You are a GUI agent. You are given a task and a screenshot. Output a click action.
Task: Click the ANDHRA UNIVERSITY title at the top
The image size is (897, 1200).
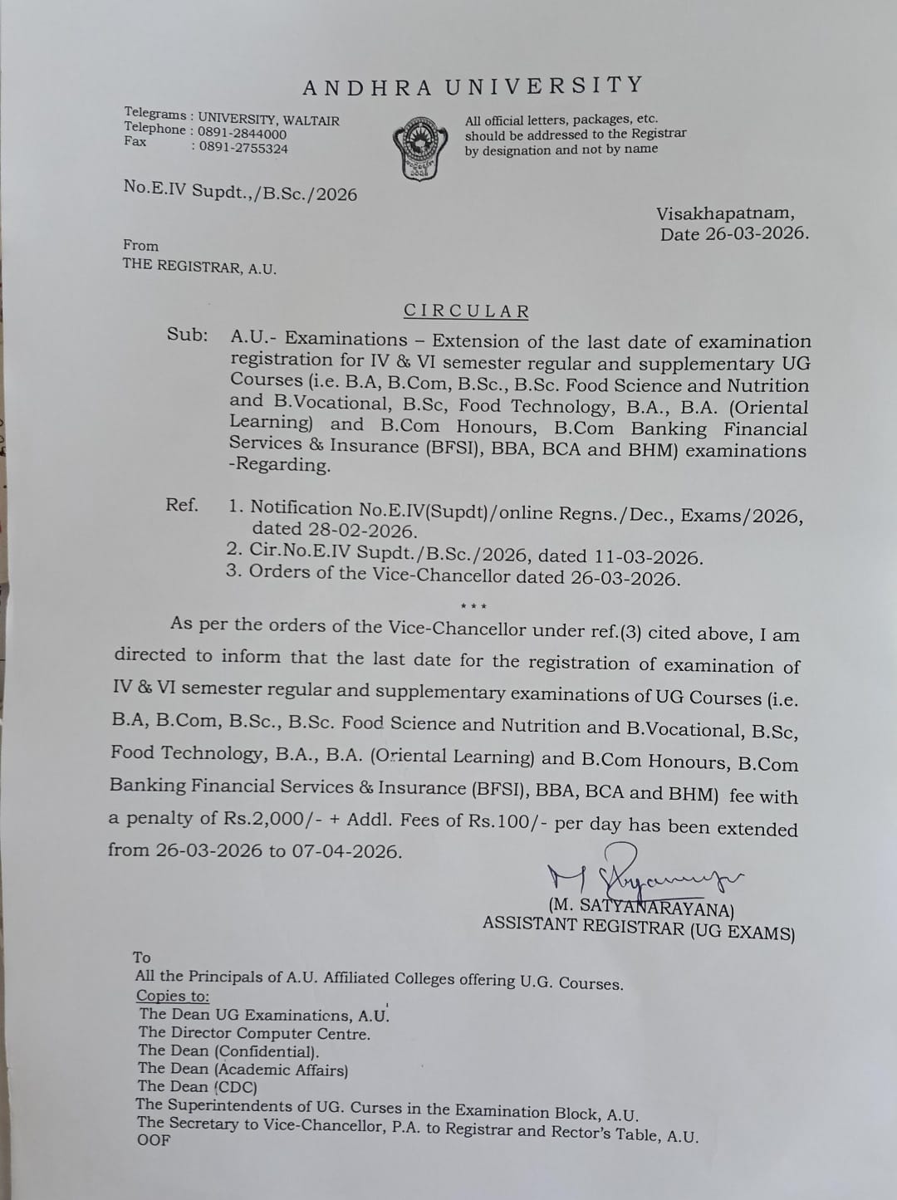coord(473,86)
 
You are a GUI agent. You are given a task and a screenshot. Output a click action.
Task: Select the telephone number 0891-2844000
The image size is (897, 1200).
coord(243,134)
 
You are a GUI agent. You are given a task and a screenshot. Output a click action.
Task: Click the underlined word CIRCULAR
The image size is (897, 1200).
coord(467,311)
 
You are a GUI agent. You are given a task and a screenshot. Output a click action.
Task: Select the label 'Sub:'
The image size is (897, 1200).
coord(187,335)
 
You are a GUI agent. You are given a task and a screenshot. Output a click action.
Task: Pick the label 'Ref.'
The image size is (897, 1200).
coord(182,505)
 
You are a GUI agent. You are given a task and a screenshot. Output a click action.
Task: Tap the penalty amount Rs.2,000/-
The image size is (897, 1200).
coord(274,819)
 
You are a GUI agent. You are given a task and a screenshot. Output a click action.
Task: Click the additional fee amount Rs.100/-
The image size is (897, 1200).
coord(507,823)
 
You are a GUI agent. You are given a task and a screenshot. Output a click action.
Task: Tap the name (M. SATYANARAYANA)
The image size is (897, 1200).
coord(640,905)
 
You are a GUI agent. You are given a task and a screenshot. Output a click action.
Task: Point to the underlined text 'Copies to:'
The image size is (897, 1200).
coord(173,996)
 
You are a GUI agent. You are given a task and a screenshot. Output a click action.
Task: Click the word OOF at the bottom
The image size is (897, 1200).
coord(154,1140)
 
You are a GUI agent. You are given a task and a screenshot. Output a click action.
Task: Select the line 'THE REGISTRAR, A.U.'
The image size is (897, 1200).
coord(199,267)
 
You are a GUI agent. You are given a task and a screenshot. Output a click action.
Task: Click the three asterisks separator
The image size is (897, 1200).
coord(473,607)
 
